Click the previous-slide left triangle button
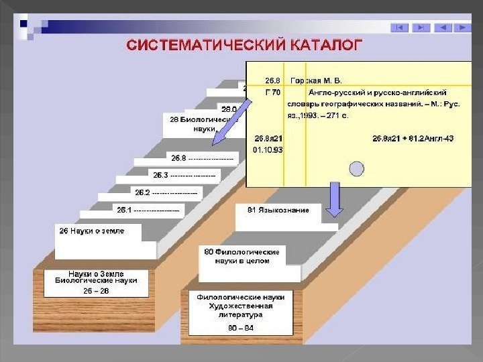coord(442,27)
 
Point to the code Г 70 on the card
coord(272,92)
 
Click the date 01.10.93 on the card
coord(268,149)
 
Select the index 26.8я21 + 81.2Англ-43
coord(413,139)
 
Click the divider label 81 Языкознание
coord(278,210)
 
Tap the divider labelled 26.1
coord(148,210)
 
